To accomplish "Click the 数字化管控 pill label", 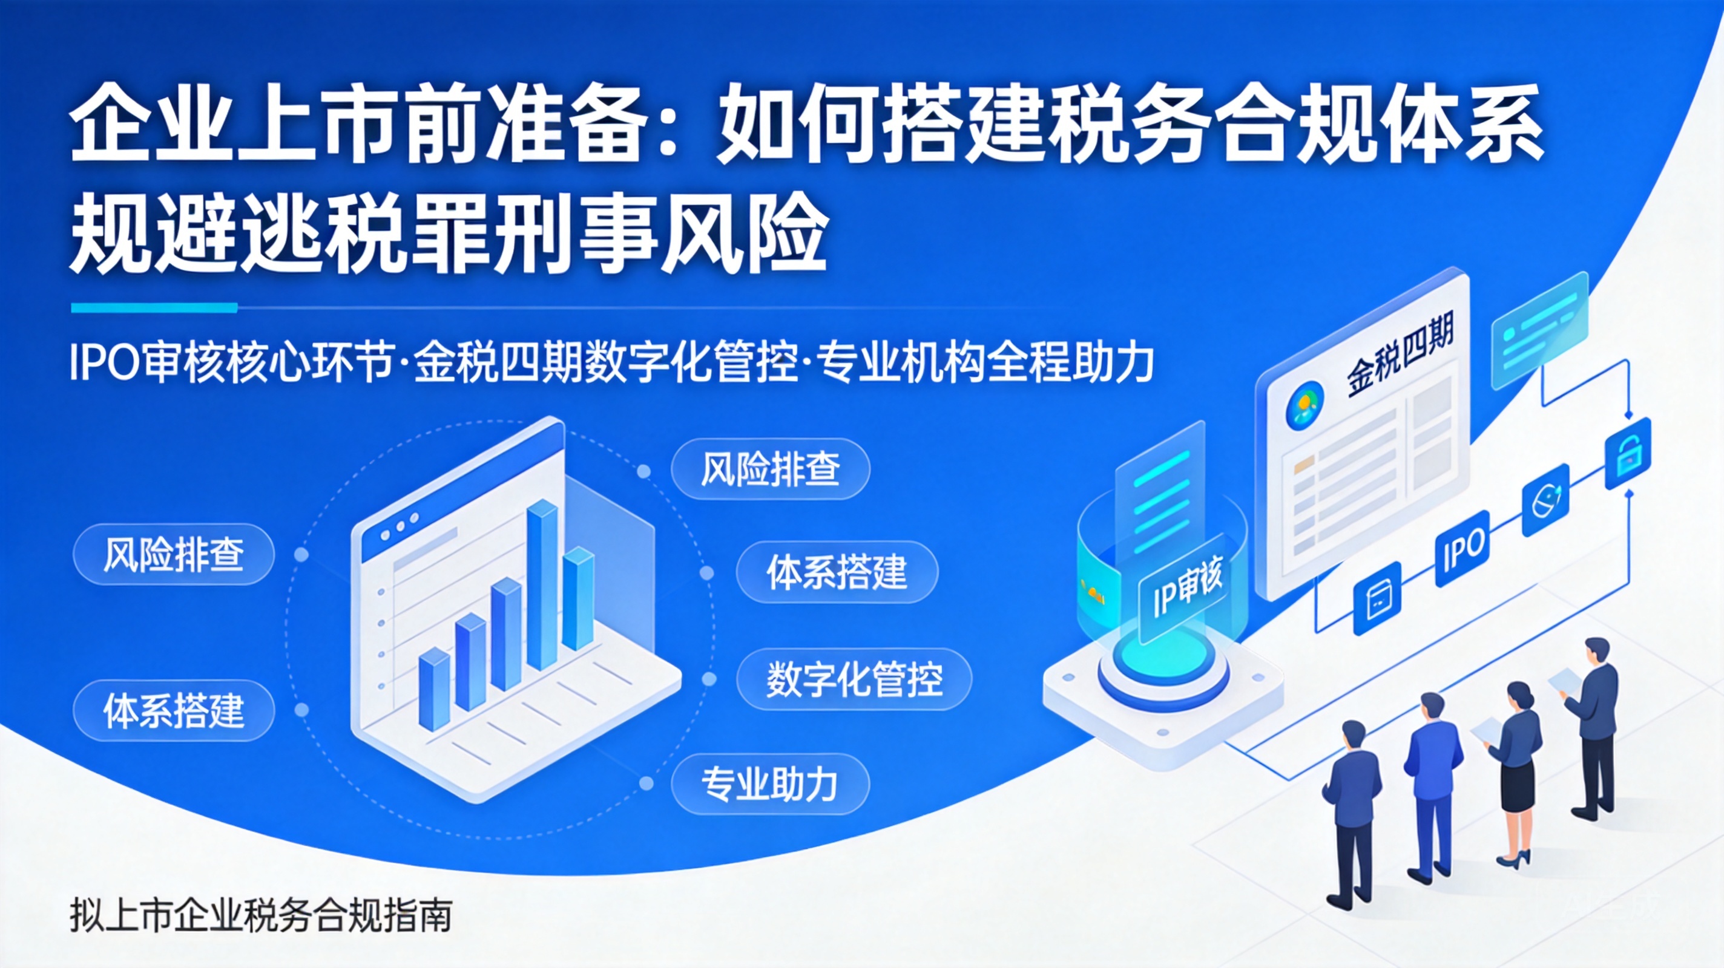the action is click(854, 679).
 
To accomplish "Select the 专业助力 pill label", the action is click(771, 783).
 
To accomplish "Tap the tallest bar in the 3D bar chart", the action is click(542, 584).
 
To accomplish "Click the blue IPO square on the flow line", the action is click(1463, 549).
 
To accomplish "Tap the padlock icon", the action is click(1628, 454).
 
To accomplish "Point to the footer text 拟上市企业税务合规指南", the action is click(261, 915).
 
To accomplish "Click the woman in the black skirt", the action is click(1514, 774).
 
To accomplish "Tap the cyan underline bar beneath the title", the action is click(154, 308).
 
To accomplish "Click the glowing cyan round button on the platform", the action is click(1161, 653).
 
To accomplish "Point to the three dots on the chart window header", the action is click(399, 527).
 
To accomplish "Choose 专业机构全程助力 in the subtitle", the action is click(987, 362).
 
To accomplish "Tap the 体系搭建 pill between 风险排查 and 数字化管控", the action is click(837, 572).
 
